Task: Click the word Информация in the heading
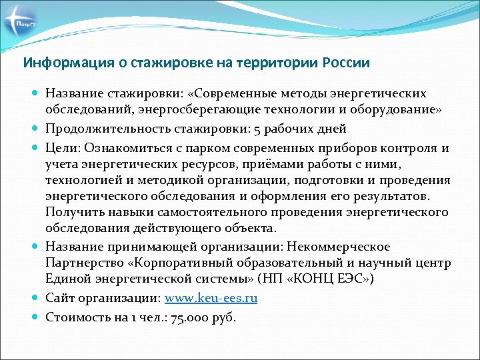[56, 63]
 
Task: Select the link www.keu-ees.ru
[211, 298]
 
